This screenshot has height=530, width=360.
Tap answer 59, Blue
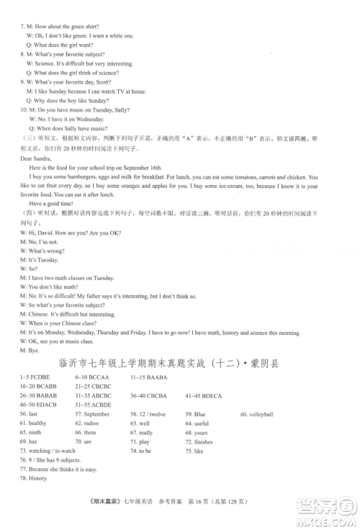(x=195, y=415)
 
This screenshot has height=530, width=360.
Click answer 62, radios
(x=86, y=423)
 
